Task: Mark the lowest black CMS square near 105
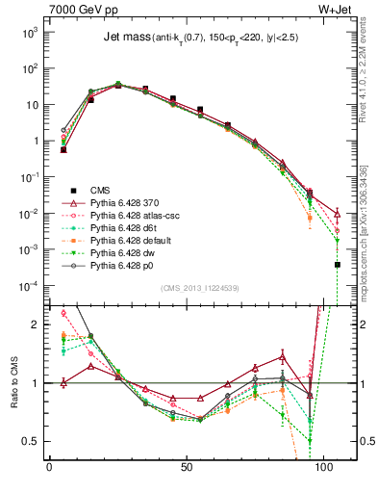coord(338,265)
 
